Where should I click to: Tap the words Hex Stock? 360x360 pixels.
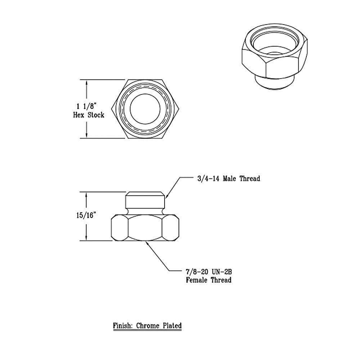89,115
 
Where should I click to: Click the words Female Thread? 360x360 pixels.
208,280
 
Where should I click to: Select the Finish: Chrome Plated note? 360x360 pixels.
147,326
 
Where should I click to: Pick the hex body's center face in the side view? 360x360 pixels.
145,228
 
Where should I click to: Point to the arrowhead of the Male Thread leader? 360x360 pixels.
166,198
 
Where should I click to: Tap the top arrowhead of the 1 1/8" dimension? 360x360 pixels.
86,82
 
